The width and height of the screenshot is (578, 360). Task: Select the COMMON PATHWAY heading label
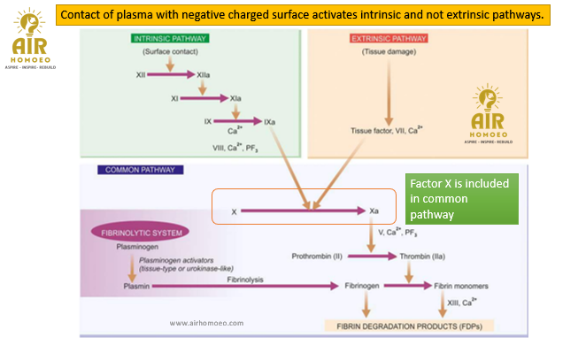coord(140,170)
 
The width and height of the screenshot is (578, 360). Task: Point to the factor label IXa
coord(270,120)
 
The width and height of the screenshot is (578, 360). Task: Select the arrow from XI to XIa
coord(205,98)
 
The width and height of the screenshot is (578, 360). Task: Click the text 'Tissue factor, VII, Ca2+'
coord(387,130)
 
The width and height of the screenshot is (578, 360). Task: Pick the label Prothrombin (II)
coord(316,257)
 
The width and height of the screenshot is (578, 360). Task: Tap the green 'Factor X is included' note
coord(459,198)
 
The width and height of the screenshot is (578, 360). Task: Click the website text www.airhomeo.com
coord(206,323)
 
